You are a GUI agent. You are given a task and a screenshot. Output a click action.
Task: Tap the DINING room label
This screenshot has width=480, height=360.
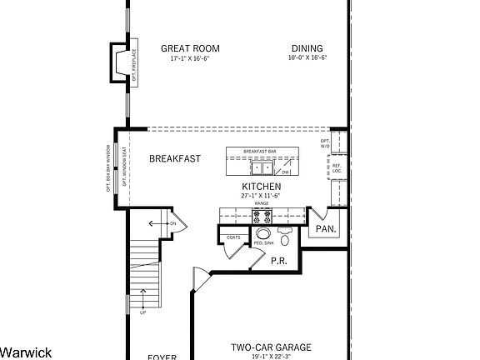[x=307, y=48]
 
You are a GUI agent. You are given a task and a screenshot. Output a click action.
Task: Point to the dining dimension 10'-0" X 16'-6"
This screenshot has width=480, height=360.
[x=307, y=59]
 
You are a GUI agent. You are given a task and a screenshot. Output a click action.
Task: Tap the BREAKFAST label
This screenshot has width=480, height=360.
[x=175, y=158]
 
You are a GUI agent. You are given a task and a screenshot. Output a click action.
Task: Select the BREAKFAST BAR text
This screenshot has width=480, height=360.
[x=261, y=151]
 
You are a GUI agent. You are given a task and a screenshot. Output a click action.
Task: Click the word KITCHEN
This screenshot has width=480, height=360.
[x=261, y=186]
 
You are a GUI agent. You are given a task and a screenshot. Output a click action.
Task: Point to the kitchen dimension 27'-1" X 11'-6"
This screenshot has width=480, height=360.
[x=261, y=195]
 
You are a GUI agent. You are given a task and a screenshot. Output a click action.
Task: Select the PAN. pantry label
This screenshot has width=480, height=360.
[x=326, y=228]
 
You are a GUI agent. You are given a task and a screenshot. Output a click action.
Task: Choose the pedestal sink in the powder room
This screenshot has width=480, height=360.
[x=263, y=236]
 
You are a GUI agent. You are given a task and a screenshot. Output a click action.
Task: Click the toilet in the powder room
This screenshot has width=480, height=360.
[x=285, y=240]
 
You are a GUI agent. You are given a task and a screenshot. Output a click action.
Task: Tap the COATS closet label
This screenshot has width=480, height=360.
[x=234, y=237]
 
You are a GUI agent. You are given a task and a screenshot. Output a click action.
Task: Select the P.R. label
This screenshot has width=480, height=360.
[x=279, y=261]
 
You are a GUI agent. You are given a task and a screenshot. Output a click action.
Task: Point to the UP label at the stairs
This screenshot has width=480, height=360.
[x=143, y=312]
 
